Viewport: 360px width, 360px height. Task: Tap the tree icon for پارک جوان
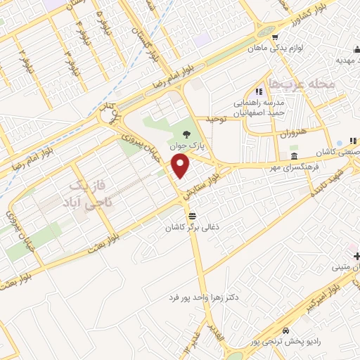185,136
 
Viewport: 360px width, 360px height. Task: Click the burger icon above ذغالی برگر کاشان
193,215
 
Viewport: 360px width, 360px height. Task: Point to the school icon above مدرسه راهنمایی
258,91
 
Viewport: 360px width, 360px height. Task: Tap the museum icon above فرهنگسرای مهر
293,155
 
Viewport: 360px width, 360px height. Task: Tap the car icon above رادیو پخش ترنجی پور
285,330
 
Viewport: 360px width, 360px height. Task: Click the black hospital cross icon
356,255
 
